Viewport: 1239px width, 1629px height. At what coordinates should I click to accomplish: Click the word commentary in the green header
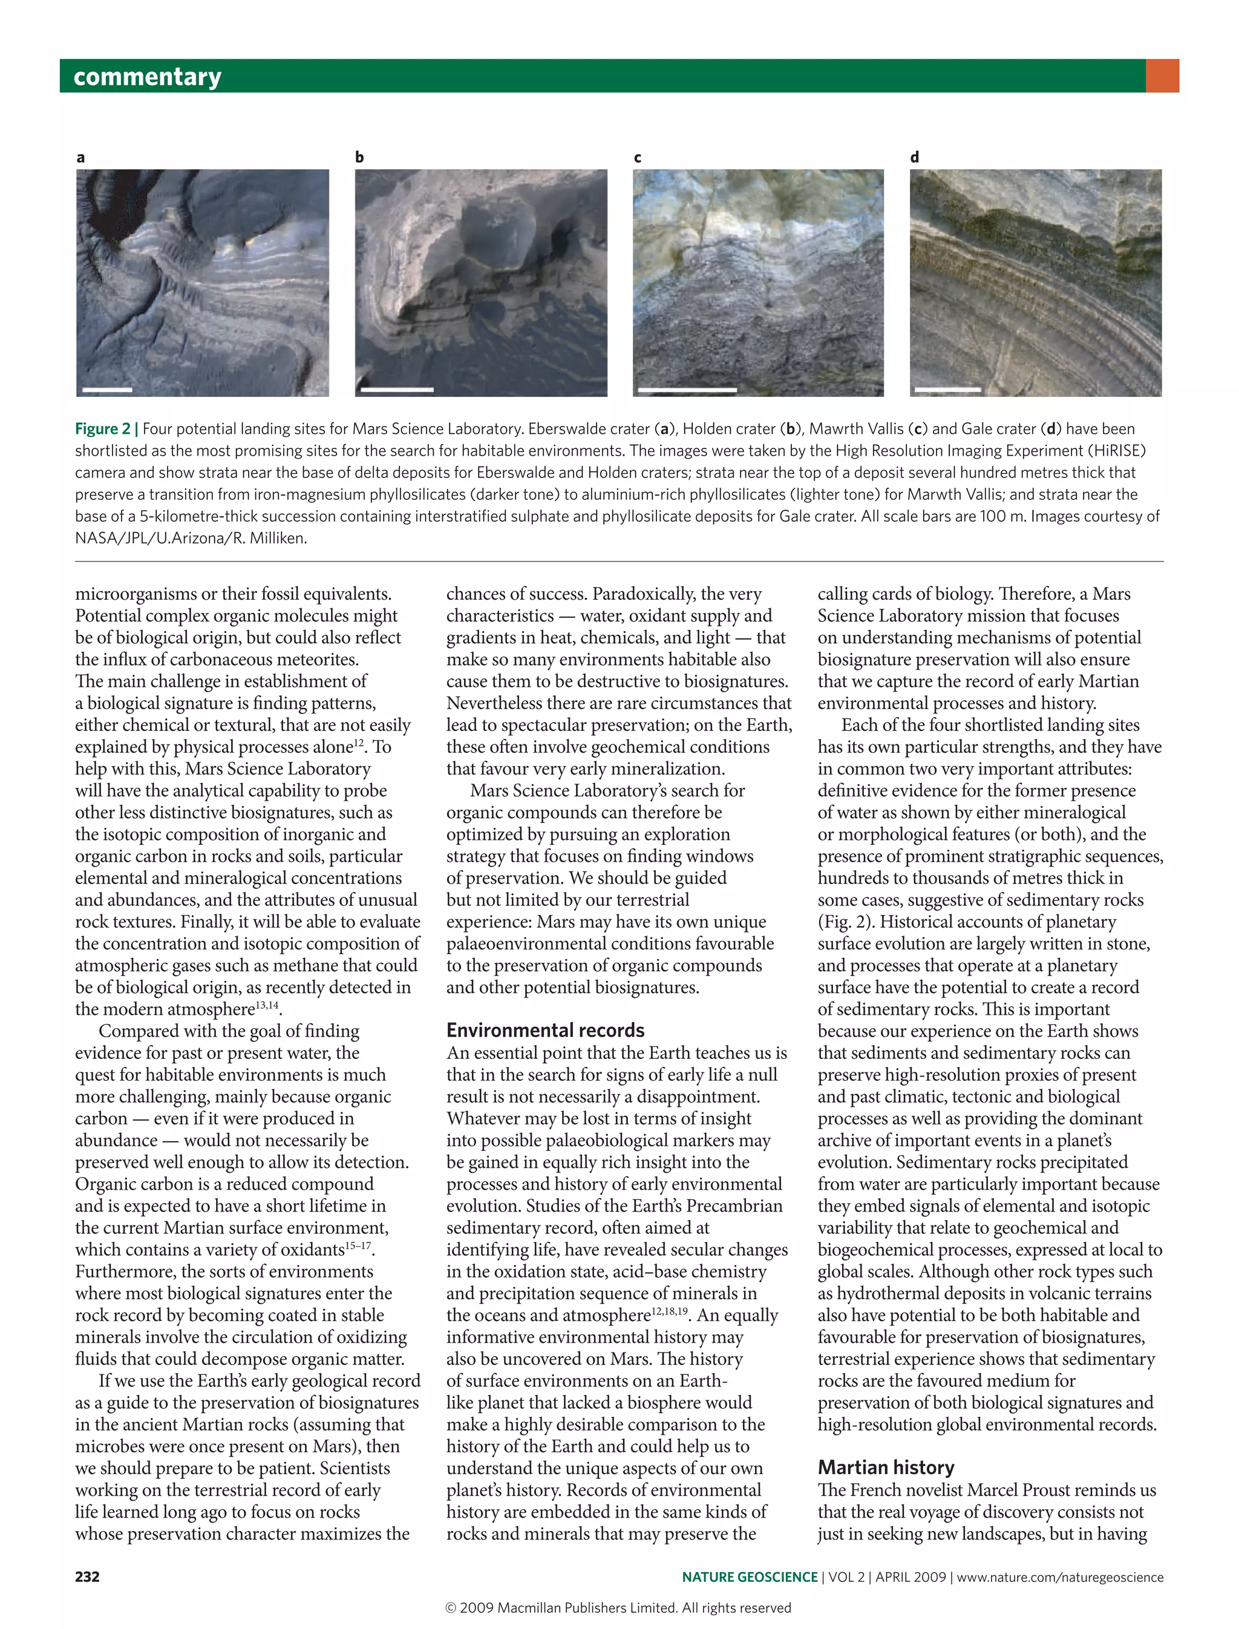[x=148, y=77]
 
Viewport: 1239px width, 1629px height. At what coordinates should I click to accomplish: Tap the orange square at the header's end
[x=1162, y=76]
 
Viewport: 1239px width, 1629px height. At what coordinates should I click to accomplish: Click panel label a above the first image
[x=80, y=157]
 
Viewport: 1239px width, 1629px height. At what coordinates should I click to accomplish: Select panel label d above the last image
[x=915, y=157]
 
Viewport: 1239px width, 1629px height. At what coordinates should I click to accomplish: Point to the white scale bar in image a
[x=107, y=389]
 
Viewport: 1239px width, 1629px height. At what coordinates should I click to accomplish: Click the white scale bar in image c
[x=687, y=389]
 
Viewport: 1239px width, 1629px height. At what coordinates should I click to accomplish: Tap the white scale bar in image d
[x=947, y=389]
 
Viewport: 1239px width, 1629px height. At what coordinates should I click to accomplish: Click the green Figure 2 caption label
[x=102, y=428]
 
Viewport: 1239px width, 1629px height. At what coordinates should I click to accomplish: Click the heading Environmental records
[x=545, y=1030]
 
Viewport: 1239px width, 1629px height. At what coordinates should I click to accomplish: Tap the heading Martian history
[x=886, y=1467]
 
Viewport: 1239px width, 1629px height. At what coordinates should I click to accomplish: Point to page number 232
[x=87, y=1576]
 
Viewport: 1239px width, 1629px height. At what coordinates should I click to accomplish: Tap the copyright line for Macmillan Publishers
[x=618, y=1608]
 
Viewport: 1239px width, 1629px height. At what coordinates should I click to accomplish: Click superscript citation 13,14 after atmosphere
[x=267, y=1006]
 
